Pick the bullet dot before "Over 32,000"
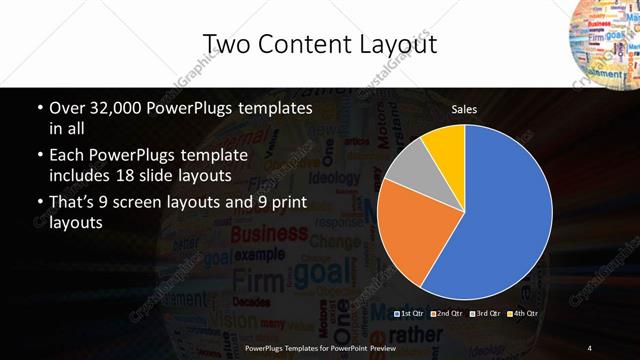(x=39, y=108)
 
